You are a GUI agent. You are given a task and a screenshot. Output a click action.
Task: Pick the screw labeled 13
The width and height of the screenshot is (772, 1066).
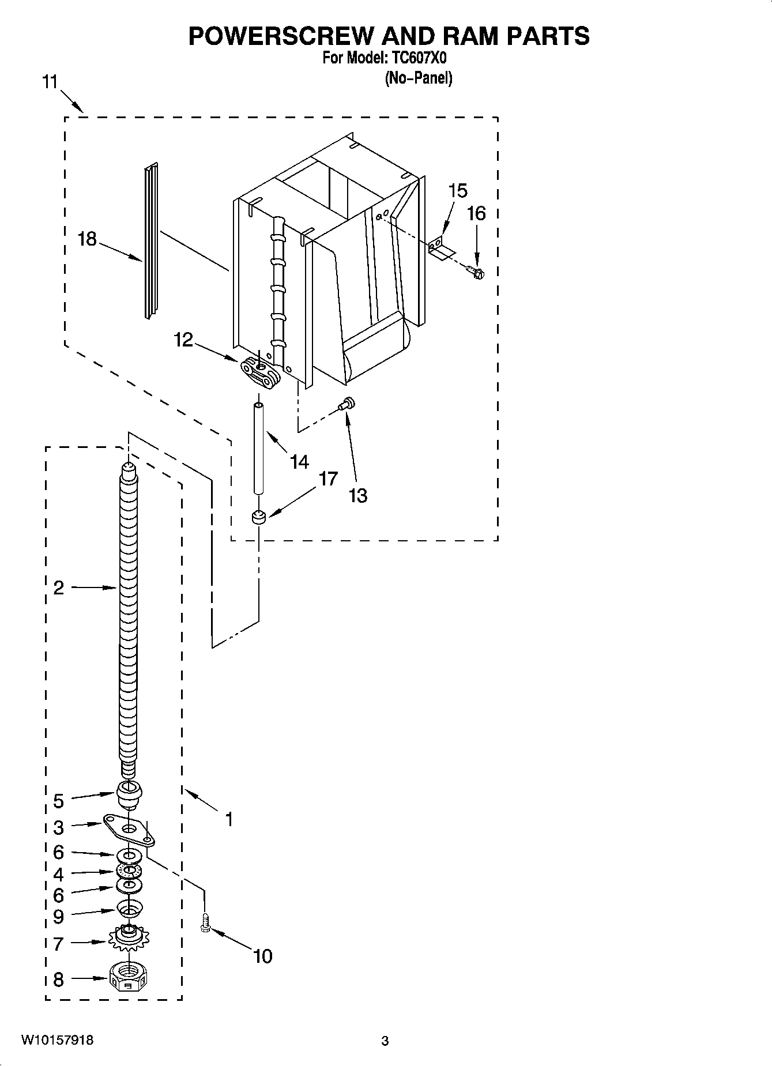click(348, 405)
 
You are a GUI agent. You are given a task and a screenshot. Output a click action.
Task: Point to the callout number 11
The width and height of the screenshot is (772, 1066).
click(50, 82)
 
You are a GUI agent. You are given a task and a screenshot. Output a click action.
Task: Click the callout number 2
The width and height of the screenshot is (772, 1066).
click(58, 588)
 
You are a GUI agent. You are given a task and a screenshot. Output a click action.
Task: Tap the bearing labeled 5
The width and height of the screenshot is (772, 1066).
click(129, 794)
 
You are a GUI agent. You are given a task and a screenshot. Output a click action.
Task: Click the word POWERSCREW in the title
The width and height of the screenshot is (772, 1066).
click(281, 36)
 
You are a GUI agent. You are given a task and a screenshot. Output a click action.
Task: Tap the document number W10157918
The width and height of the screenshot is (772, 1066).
click(57, 1040)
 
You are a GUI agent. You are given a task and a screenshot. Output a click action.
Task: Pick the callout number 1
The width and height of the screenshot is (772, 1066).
click(229, 819)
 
